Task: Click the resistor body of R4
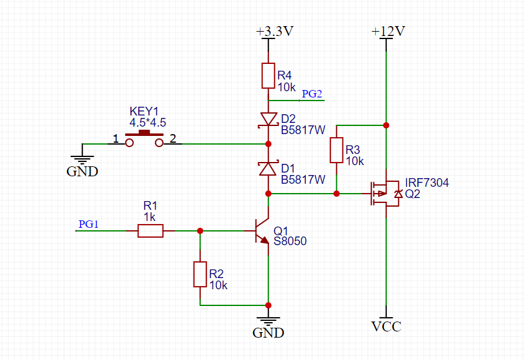click(x=268, y=75)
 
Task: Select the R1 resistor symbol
click(x=150, y=231)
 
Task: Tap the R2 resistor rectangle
click(x=200, y=274)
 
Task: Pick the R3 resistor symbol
click(x=336, y=150)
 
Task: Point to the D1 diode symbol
click(x=268, y=168)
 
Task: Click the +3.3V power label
click(x=273, y=31)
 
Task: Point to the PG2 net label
click(x=312, y=94)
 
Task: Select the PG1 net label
click(x=89, y=224)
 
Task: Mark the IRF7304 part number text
click(x=427, y=182)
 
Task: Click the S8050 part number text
click(x=290, y=241)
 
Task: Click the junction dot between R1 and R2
click(x=200, y=231)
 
